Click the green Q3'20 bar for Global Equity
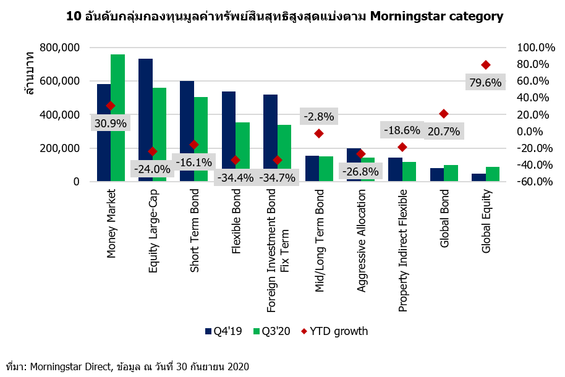[493, 174]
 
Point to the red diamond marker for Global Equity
[486, 65]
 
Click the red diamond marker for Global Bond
[444, 114]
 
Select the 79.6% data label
[485, 82]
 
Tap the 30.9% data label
[111, 123]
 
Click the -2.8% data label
[318, 116]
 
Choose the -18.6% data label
[402, 130]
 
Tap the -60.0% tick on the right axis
[522, 182]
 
